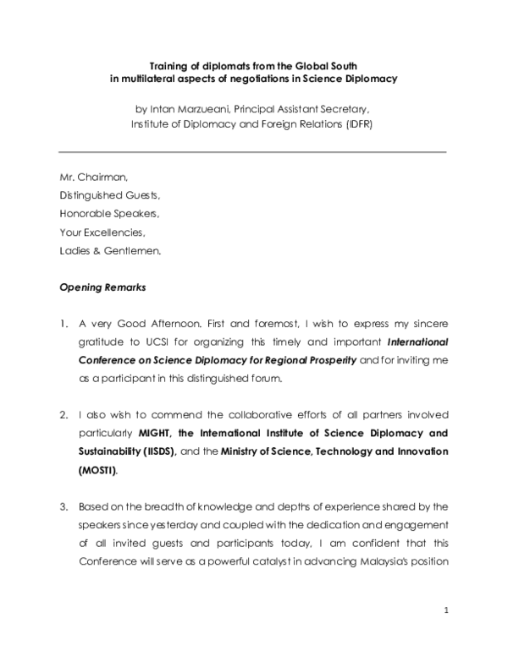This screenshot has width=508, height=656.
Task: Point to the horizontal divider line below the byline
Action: [x=252, y=152]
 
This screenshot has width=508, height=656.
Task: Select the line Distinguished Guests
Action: [x=109, y=195]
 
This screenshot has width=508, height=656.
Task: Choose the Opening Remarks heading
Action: [x=102, y=287]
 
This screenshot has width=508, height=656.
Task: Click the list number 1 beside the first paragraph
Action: [x=63, y=324]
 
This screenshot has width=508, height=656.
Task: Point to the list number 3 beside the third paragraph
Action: [x=63, y=507]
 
